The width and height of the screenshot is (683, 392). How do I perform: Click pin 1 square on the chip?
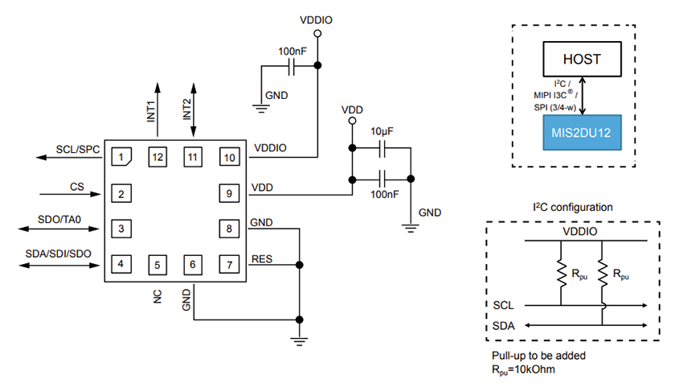tap(120, 157)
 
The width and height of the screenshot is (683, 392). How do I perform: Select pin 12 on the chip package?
tap(156, 157)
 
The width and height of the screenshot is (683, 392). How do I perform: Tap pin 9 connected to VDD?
tap(228, 193)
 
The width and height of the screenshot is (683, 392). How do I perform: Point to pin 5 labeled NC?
tap(156, 263)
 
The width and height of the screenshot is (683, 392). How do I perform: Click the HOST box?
tap(582, 60)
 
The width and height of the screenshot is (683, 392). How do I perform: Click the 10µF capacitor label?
tap(381, 130)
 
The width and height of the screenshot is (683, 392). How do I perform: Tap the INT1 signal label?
tap(150, 109)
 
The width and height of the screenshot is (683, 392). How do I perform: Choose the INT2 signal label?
tap(186, 109)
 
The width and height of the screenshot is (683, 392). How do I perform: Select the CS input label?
tap(77, 186)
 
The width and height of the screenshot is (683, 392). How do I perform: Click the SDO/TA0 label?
tap(66, 220)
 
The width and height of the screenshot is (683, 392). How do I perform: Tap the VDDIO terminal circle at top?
tap(317, 34)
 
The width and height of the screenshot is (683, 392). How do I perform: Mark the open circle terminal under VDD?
tap(350, 122)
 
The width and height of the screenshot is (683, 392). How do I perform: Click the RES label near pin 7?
tap(262, 258)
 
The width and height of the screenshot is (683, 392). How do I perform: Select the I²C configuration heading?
tap(572, 207)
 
